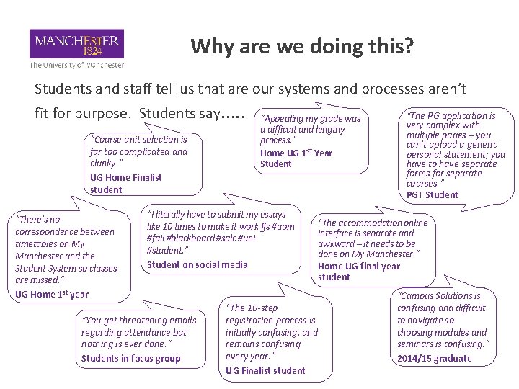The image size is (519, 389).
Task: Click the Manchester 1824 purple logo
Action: coord(76,44)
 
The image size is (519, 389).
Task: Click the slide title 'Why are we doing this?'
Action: coord(302,47)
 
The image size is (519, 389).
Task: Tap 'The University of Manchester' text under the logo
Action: coord(76,65)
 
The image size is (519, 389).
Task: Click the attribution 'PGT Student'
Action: coord(432,194)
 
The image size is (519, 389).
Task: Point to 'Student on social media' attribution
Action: coord(197,264)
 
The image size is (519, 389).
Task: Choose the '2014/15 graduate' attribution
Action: coord(434,358)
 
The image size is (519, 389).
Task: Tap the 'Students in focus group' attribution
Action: coord(131,358)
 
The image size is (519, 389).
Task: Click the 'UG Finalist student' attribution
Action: coord(265,370)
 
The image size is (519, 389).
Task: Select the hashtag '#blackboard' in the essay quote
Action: coord(194,238)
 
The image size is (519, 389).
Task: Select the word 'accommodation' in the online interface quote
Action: coord(372,223)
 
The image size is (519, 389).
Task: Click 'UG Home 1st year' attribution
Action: coord(52,294)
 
